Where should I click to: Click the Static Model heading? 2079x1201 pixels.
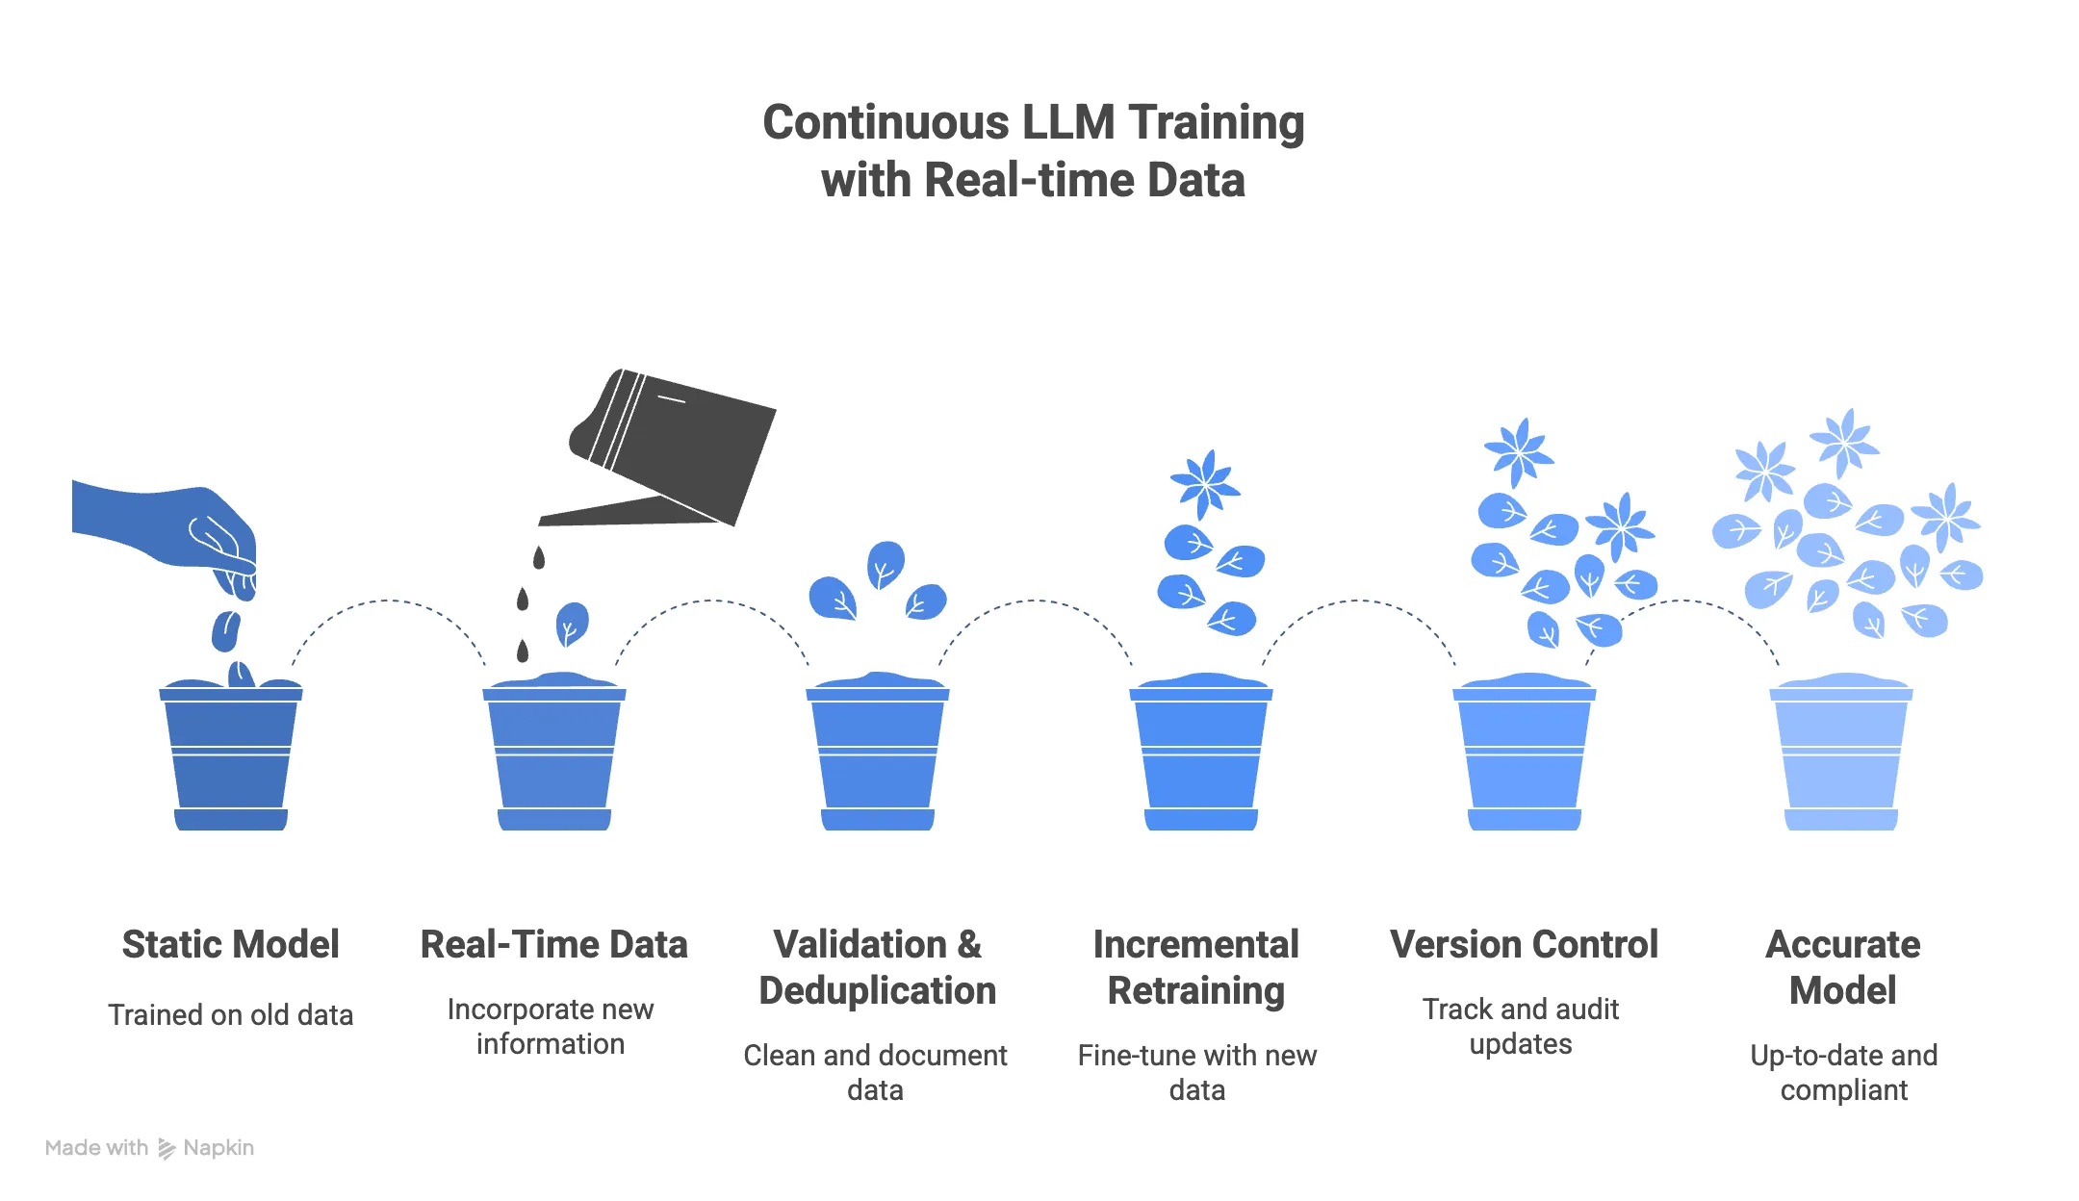tap(230, 944)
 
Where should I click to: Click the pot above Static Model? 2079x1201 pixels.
tap(231, 755)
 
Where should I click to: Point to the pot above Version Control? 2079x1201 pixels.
tap(1524, 755)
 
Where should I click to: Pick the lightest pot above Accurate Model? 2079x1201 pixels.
tap(1841, 755)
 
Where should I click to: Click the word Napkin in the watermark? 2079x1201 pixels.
tap(218, 1148)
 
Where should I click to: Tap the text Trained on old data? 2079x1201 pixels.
tap(230, 1015)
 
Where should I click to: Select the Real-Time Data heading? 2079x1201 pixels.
tap(553, 944)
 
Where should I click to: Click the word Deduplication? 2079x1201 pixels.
tap(877, 990)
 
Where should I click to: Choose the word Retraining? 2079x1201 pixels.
tap(1195, 990)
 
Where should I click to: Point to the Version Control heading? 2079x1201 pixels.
tap(1524, 944)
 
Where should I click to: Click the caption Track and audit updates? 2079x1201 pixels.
tap(1520, 1026)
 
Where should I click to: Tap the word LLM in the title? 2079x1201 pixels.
tap(1068, 122)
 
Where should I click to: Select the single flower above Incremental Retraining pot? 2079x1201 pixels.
tap(1204, 483)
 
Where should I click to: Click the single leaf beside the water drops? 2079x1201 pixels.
tap(572, 624)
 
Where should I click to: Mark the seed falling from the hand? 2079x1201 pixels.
tap(225, 631)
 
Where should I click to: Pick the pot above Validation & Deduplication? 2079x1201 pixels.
tap(877, 755)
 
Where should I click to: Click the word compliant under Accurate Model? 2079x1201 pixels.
tap(1843, 1090)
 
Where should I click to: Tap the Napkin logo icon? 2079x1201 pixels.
tap(167, 1148)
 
